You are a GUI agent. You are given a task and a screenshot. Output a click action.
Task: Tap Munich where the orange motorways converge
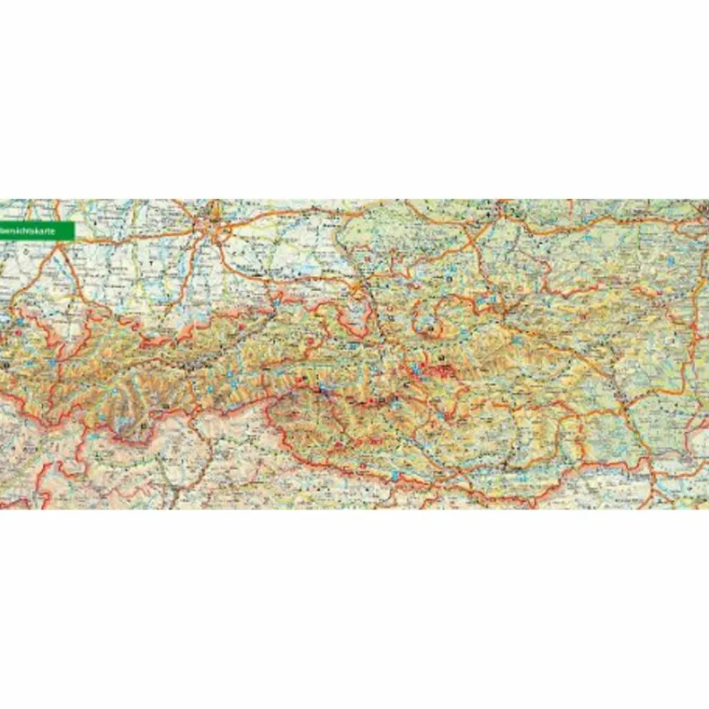coord(211,228)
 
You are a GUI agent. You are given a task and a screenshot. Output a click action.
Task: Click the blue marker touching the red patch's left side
coord(417,374)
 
